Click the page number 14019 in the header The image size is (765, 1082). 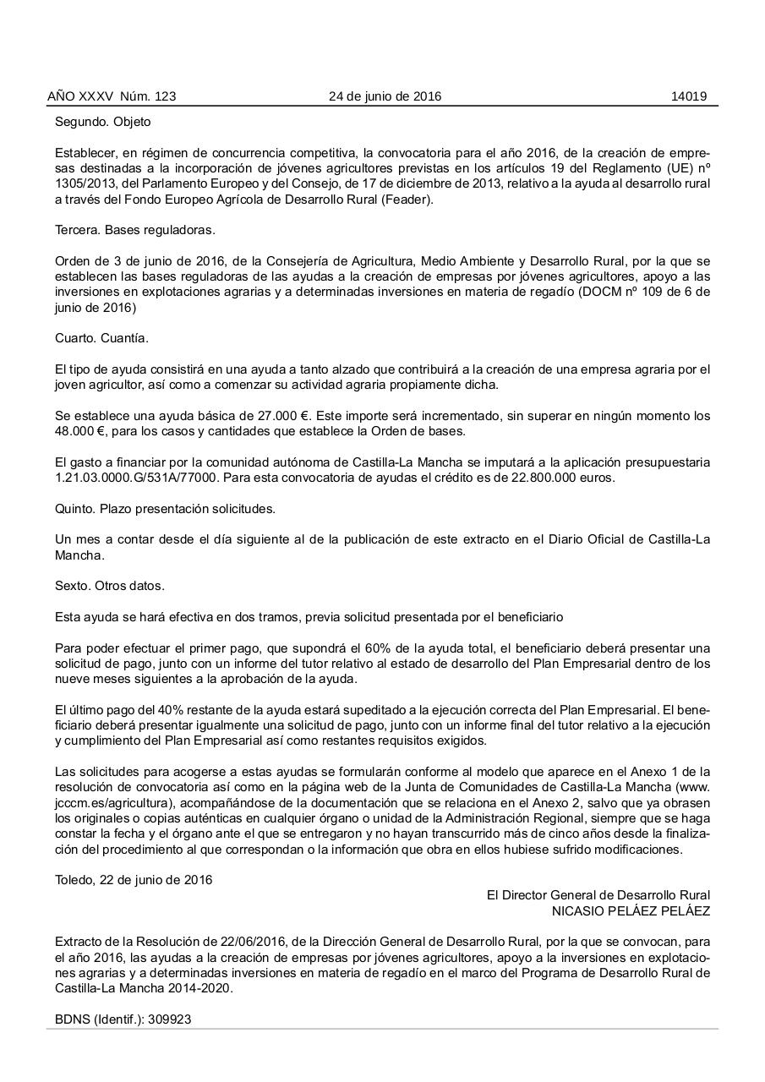point(688,96)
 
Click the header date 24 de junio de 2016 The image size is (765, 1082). point(385,96)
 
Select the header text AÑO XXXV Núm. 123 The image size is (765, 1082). point(112,96)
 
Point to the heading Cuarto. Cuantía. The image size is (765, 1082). point(101,338)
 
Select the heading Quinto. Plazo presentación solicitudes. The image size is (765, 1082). point(165,509)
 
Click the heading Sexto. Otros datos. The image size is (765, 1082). point(110,586)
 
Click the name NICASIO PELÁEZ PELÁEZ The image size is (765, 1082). point(631,910)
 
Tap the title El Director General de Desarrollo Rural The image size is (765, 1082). point(598,895)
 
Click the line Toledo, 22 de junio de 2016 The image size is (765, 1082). point(134,880)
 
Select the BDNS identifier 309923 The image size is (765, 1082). point(169,1019)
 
